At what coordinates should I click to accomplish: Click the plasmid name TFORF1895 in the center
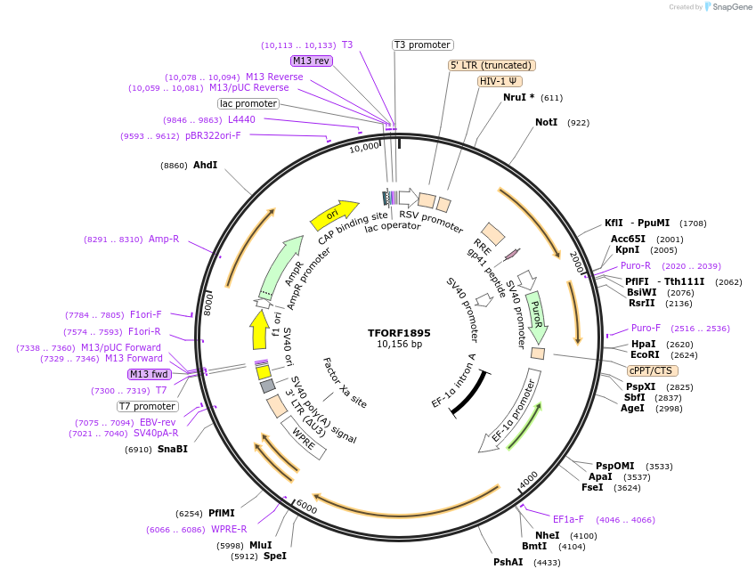click(399, 333)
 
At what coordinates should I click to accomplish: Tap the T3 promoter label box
click(423, 45)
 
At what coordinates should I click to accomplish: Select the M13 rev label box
click(312, 61)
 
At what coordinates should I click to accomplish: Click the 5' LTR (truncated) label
click(491, 65)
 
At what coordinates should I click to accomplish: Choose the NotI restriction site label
click(546, 122)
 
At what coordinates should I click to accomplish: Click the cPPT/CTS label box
click(651, 370)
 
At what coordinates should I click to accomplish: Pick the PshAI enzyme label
click(509, 563)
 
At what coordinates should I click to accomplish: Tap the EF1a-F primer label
click(568, 519)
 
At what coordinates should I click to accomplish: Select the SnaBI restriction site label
click(173, 450)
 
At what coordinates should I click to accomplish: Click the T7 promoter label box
click(148, 406)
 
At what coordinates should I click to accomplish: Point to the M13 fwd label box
click(149, 374)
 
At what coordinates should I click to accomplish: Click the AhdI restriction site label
click(205, 165)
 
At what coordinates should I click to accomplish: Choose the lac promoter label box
click(248, 103)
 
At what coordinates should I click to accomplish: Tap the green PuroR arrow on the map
click(536, 317)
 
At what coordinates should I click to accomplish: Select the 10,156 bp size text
click(399, 345)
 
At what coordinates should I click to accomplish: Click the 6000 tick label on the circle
click(305, 507)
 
